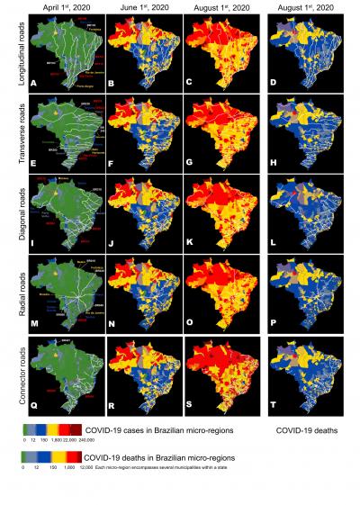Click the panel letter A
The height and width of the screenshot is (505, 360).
coord(33,83)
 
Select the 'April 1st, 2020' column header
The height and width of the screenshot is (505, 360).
coord(64,6)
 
